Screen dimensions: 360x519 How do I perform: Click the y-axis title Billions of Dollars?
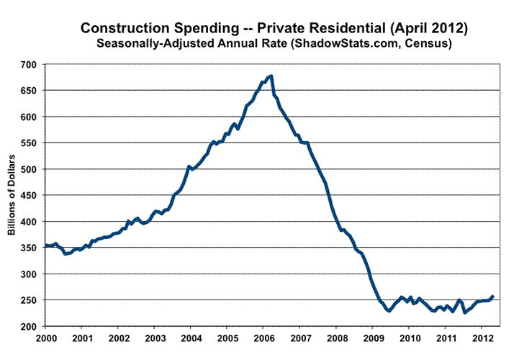click(x=12, y=197)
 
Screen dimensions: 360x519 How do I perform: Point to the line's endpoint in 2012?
click(x=492, y=296)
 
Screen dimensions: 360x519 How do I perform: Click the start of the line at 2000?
click(x=45, y=246)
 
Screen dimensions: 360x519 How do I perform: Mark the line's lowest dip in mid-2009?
click(x=389, y=311)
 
